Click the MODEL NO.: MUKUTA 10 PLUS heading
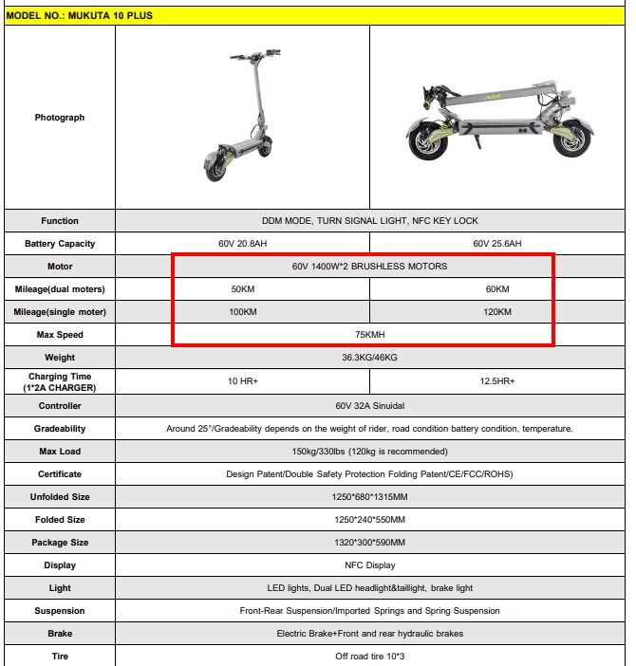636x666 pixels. [x=80, y=16]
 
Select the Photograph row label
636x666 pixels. [x=60, y=118]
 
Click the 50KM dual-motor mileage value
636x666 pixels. [x=242, y=289]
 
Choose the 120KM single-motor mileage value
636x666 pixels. [x=497, y=312]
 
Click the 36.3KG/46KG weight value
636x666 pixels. [x=369, y=358]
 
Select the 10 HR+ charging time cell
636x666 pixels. [x=242, y=381]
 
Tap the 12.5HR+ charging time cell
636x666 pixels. [x=497, y=381]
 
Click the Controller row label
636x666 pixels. [x=60, y=406]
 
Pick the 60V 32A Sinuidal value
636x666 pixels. [x=369, y=406]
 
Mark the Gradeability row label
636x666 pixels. [x=60, y=429]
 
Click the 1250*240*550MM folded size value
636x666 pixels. [x=369, y=520]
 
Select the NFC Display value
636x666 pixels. [x=369, y=565]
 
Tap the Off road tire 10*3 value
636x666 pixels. [x=369, y=657]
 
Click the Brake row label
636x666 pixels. [x=60, y=634]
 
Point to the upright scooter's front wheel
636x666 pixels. [x=213, y=165]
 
